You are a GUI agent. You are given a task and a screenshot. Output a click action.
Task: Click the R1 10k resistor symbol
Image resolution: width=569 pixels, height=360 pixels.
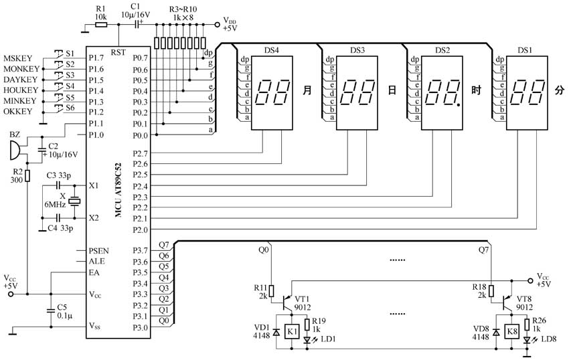101,25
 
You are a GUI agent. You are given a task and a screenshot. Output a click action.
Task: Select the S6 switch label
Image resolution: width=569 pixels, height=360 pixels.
70,108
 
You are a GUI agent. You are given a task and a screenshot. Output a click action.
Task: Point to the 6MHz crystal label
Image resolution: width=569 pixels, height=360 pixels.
55,204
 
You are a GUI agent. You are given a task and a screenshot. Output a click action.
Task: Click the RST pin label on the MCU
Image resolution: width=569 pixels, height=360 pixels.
118,52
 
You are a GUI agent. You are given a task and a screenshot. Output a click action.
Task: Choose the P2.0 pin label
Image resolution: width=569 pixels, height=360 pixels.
141,230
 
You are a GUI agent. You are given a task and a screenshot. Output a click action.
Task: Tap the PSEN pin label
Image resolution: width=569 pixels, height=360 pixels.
98,251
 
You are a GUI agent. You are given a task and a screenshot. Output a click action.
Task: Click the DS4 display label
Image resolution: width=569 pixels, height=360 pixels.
271,50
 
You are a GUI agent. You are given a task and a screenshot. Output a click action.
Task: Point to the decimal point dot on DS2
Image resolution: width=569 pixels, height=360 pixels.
459,105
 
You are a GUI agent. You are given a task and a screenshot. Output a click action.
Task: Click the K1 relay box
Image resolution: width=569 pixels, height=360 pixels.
293,331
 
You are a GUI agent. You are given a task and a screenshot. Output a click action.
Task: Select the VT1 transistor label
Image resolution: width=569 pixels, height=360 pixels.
302,299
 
